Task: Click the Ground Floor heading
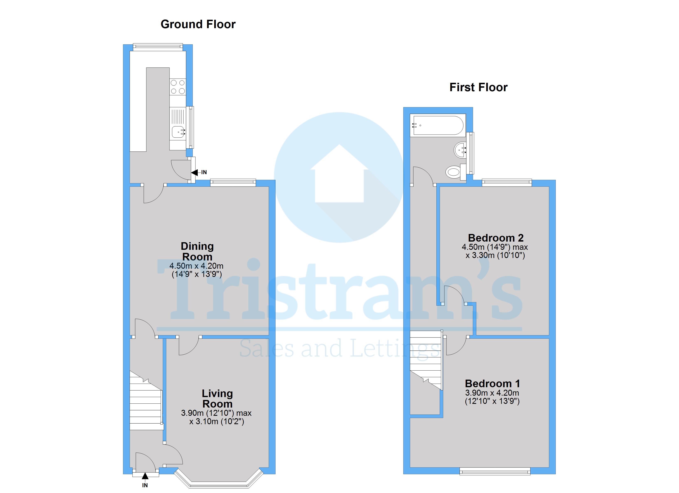(198, 24)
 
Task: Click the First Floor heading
(478, 87)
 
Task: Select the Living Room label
(217, 399)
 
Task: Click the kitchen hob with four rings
(178, 87)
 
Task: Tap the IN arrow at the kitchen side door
(195, 173)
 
